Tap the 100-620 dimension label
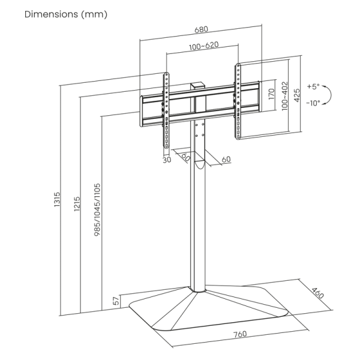(x=202, y=47)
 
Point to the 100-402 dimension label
(x=284, y=95)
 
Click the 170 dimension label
(x=271, y=94)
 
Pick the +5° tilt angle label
(x=314, y=86)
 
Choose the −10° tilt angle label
(x=313, y=103)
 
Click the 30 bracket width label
(x=166, y=160)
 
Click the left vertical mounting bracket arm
(x=166, y=111)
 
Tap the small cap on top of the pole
(x=197, y=87)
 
